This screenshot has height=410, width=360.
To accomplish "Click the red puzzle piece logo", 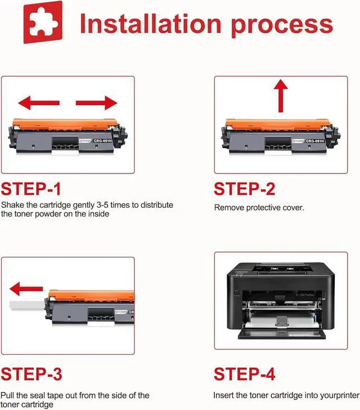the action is coord(43,22).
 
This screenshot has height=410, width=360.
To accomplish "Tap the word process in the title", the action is coord(282,26).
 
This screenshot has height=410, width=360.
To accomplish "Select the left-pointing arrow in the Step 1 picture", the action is coord(39,102).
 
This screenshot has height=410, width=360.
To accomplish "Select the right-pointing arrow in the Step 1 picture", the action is coord(97,102).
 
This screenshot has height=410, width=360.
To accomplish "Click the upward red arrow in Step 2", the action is coord(281,96).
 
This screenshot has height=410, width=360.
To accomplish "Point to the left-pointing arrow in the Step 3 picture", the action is coord(26,289).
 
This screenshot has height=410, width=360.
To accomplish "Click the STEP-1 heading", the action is coord(31,189).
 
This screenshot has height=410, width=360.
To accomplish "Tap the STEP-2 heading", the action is coord(245,189).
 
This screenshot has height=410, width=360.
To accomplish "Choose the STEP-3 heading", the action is coord(31,374).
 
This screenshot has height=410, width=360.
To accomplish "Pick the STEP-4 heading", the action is coord(245,374).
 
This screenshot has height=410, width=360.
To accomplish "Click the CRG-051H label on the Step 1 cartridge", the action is coord(103,141).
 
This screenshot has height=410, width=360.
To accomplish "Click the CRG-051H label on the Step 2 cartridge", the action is coord(315,141).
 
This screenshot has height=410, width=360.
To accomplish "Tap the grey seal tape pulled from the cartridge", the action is coord(26,305).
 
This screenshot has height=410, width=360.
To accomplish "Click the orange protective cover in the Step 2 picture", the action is coord(278,124).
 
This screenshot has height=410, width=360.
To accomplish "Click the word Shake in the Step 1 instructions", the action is coord(12,205).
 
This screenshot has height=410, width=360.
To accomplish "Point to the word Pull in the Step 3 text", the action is coord(7,395).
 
